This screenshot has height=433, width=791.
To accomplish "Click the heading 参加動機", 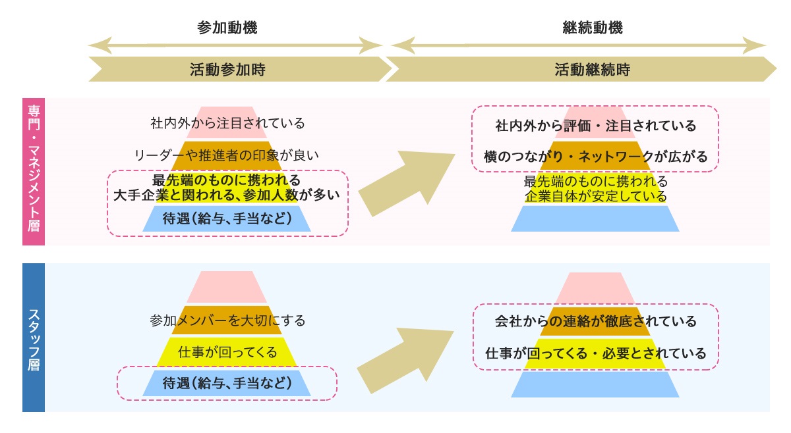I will tap(227, 28).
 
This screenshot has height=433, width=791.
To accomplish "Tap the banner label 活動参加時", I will tap(227, 69).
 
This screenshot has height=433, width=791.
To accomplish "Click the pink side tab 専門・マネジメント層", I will tap(34, 171).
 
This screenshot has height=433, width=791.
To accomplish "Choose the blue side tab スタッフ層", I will tap(34, 338).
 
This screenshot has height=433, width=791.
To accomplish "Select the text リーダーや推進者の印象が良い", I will tap(227, 156).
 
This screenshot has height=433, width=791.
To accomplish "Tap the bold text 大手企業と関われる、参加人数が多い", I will tap(227, 195).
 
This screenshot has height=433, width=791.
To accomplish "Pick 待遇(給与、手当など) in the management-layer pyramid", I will tap(227, 218).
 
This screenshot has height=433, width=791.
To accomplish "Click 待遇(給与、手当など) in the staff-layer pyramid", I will tap(227, 383).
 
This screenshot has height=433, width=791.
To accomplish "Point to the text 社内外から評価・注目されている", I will tap(595, 125).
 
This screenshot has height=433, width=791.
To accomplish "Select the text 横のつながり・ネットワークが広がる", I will tap(595, 157).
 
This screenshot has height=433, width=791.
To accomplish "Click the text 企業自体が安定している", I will tap(595, 196).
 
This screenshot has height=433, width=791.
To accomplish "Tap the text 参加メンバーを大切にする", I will tap(227, 321).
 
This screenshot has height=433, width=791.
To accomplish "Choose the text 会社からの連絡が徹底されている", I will tap(595, 321).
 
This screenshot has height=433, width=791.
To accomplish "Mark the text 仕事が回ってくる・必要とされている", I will tap(595, 353).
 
